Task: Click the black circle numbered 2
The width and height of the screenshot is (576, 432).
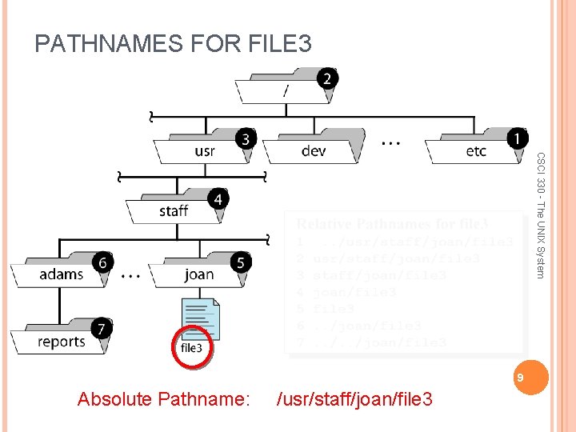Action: click(x=326, y=78)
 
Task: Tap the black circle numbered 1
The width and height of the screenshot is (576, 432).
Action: click(x=520, y=137)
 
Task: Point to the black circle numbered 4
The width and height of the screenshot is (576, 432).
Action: click(x=217, y=198)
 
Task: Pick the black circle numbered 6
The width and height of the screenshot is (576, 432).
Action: click(x=102, y=262)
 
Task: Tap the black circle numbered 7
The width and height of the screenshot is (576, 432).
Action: click(x=102, y=328)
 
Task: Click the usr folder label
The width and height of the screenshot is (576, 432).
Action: click(x=204, y=151)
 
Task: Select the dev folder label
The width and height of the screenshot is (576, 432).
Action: click(x=314, y=151)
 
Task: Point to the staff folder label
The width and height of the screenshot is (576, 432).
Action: click(x=173, y=211)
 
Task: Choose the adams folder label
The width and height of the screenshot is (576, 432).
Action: click(x=61, y=274)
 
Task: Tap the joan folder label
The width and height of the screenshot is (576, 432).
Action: click(x=198, y=274)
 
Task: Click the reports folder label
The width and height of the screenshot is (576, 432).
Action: click(x=61, y=342)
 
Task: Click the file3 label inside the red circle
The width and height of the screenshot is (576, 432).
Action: click(x=192, y=348)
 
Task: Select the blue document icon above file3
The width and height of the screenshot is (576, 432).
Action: click(x=200, y=318)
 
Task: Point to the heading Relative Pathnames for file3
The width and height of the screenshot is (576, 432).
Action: click(x=392, y=224)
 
